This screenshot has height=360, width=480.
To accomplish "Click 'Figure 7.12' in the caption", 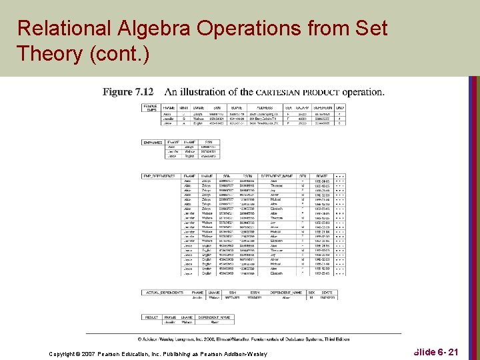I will point(128,91).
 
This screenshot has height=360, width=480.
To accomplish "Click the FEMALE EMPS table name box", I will point(151,108).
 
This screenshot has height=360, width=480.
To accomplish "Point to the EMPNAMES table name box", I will point(153,142).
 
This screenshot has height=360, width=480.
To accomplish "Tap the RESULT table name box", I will point(151,317).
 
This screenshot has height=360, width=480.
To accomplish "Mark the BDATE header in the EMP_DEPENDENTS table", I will point(322,175).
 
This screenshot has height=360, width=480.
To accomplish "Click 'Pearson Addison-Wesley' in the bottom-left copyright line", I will point(235,353).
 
